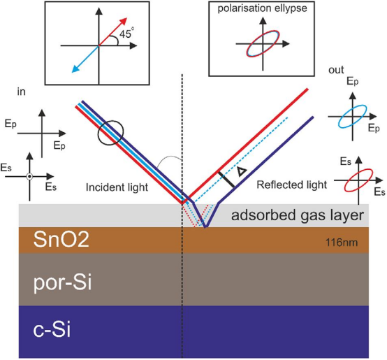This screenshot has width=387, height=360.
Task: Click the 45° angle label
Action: [x=126, y=33]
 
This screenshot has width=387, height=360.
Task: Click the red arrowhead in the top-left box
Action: [x=123, y=22]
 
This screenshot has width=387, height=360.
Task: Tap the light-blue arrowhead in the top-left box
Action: [x=75, y=69]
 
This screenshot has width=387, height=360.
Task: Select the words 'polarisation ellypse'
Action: [x=262, y=8]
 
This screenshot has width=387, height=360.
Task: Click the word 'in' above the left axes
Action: [x=21, y=92]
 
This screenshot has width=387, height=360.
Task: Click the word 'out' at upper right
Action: [x=336, y=70]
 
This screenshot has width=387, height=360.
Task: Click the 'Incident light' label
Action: [x=117, y=187]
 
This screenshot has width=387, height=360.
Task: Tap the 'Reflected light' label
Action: [x=292, y=185]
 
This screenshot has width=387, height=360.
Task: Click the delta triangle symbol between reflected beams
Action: [x=242, y=171]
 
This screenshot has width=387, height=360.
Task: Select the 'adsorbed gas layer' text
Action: [x=298, y=215]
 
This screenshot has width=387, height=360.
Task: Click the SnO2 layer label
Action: [x=61, y=240]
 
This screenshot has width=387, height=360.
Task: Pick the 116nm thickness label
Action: [x=342, y=243]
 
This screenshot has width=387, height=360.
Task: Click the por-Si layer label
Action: [x=62, y=282]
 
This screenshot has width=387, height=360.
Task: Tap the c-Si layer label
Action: [x=52, y=330]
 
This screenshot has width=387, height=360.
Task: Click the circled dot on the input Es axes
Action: [x=29, y=176]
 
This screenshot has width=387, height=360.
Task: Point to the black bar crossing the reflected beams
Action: [x=226, y=179]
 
